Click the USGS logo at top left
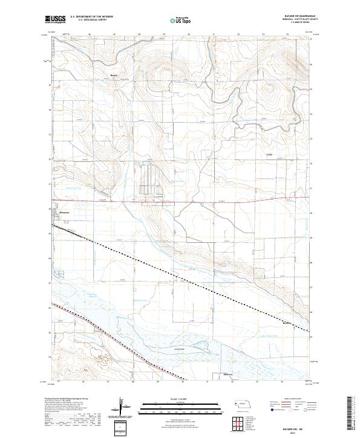point(56,19)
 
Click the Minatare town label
point(64,213)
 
